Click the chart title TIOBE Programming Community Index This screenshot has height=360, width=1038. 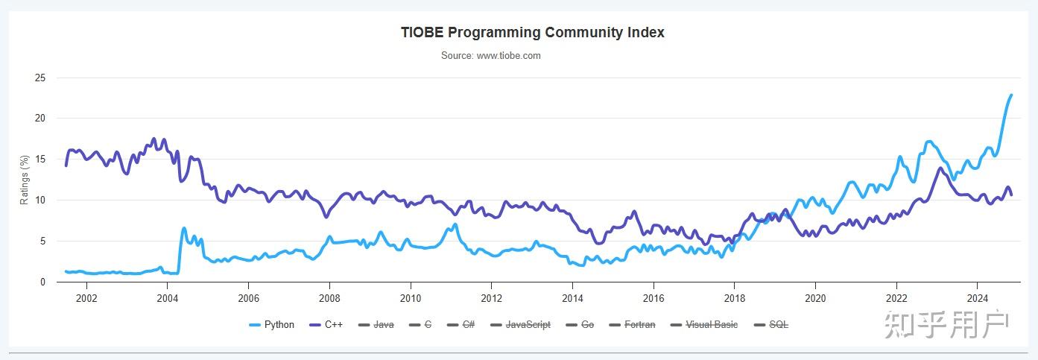pyautogui.click(x=532, y=33)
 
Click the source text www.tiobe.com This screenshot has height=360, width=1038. pyautogui.click(x=490, y=56)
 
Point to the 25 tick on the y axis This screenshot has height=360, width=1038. pyautogui.click(x=40, y=78)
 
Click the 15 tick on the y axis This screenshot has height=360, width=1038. pyautogui.click(x=40, y=160)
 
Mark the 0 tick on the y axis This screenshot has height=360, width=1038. pyautogui.click(x=43, y=282)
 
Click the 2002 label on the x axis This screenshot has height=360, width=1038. pyautogui.click(x=86, y=297)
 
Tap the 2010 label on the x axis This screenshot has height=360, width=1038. pyautogui.click(x=410, y=297)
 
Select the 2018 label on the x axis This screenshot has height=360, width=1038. pyautogui.click(x=734, y=297)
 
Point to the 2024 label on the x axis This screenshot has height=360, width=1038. pyautogui.click(x=977, y=297)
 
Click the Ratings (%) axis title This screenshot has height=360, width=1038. pyautogui.click(x=25, y=180)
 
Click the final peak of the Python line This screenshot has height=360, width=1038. pyautogui.click(x=1010, y=95)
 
